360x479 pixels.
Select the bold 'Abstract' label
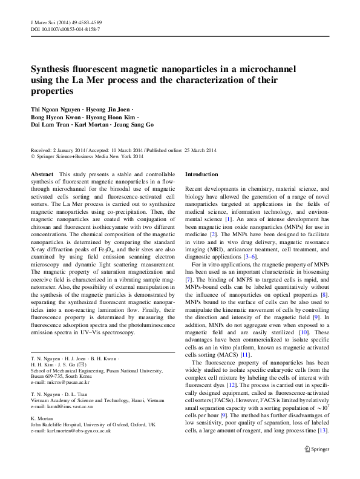point(42,174)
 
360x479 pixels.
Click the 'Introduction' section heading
point(202,174)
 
